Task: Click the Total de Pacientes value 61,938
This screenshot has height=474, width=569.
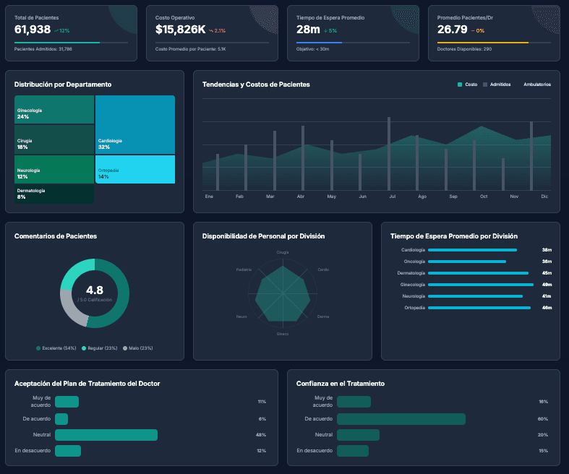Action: coord(33,30)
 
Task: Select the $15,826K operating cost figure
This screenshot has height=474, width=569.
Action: coord(180,30)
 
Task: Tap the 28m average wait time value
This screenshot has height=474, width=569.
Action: coord(308,30)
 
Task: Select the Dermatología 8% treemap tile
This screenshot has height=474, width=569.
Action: coord(54,194)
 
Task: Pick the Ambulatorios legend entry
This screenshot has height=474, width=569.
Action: coord(537,85)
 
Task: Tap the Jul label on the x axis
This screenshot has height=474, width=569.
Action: coord(392,197)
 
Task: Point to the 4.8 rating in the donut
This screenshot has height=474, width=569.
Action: coord(95,290)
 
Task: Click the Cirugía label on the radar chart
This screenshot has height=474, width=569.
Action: coord(283,252)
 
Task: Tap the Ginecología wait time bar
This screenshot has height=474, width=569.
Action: coord(480,285)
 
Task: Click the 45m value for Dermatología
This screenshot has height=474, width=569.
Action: coord(547,273)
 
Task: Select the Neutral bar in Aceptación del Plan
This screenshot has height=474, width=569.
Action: coord(106,435)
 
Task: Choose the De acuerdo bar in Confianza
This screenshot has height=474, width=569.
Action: coord(401,419)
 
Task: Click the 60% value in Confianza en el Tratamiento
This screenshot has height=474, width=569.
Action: coord(542,419)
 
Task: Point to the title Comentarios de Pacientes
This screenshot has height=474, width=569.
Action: coord(56,236)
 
